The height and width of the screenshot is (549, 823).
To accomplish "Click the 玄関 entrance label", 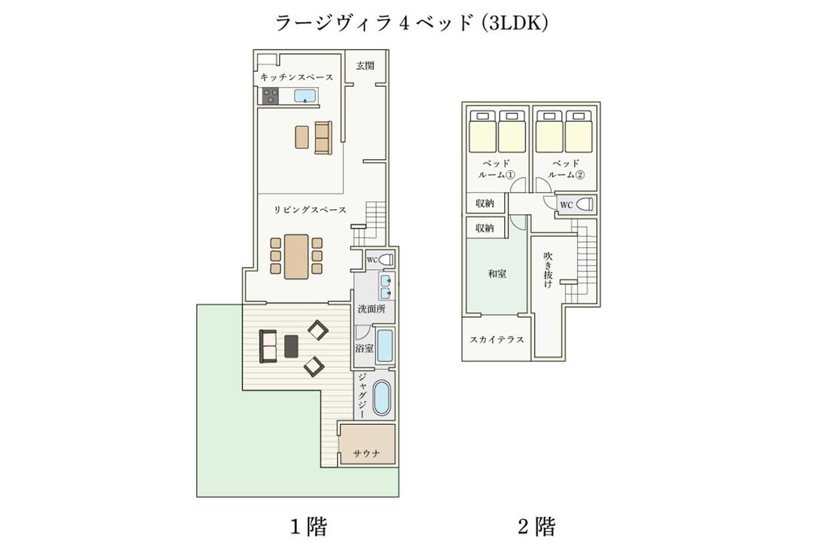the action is pyautogui.click(x=365, y=66).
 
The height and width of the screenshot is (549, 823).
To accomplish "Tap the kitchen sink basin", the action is pyautogui.click(x=305, y=96).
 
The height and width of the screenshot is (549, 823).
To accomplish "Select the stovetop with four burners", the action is pyautogui.click(x=271, y=96).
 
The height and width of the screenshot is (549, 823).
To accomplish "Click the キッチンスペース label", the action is pyautogui.click(x=296, y=77).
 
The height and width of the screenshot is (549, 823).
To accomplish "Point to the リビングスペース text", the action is pyautogui.click(x=310, y=210).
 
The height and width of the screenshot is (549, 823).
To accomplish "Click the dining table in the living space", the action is pyautogui.click(x=296, y=256).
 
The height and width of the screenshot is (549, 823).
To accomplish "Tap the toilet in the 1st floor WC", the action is pyautogui.click(x=385, y=259).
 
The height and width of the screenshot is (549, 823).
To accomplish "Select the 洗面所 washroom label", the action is pyautogui.click(x=372, y=309).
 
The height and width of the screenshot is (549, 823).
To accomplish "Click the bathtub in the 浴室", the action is pyautogui.click(x=385, y=346).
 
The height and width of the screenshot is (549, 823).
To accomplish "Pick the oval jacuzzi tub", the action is pyautogui.click(x=381, y=398).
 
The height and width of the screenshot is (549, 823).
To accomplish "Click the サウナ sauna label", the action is pyautogui.click(x=366, y=453).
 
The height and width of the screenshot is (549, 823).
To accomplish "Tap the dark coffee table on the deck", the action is pyautogui.click(x=291, y=346).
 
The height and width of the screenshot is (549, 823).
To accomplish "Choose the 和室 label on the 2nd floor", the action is pyautogui.click(x=497, y=274).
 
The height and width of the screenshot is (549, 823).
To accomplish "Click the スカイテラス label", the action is pyautogui.click(x=497, y=339).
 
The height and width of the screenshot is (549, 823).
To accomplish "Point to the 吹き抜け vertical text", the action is pyautogui.click(x=548, y=269).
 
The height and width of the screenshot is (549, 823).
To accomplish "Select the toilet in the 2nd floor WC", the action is pyautogui.click(x=584, y=204).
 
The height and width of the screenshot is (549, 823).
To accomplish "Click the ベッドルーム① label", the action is pyautogui.click(x=496, y=169).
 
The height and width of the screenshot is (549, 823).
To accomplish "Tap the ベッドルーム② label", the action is pyautogui.click(x=566, y=169).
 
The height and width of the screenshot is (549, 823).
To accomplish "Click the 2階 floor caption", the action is pyautogui.click(x=537, y=526).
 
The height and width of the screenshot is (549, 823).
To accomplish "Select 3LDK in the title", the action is pyautogui.click(x=516, y=24).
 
